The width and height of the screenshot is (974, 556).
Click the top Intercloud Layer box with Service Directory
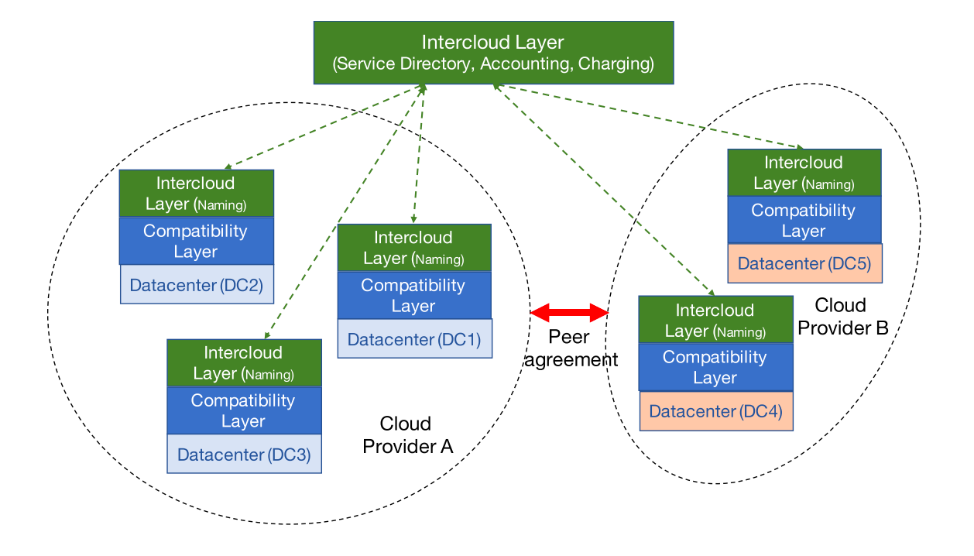point(493,52)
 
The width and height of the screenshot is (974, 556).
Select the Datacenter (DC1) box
point(414,339)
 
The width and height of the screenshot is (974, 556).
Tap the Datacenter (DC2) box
point(196,285)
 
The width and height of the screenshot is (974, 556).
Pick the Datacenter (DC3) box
point(244,455)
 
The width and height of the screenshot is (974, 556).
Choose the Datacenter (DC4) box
point(715,411)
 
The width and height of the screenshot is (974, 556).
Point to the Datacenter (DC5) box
point(804,263)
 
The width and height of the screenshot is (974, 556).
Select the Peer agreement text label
point(570,348)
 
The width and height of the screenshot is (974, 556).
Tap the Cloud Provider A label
point(406,435)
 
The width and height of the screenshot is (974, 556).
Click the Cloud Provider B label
point(842,317)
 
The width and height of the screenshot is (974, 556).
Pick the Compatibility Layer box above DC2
point(196,241)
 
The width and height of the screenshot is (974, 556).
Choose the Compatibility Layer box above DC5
point(804,220)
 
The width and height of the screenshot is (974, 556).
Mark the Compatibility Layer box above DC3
point(244,410)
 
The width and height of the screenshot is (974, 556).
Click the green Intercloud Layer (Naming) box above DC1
point(414,248)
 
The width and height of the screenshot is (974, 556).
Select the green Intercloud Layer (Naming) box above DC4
point(715,320)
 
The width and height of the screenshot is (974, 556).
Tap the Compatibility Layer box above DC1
point(414,295)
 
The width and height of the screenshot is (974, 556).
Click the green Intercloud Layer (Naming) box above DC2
point(196,194)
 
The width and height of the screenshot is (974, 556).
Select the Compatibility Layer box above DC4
point(715,367)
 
